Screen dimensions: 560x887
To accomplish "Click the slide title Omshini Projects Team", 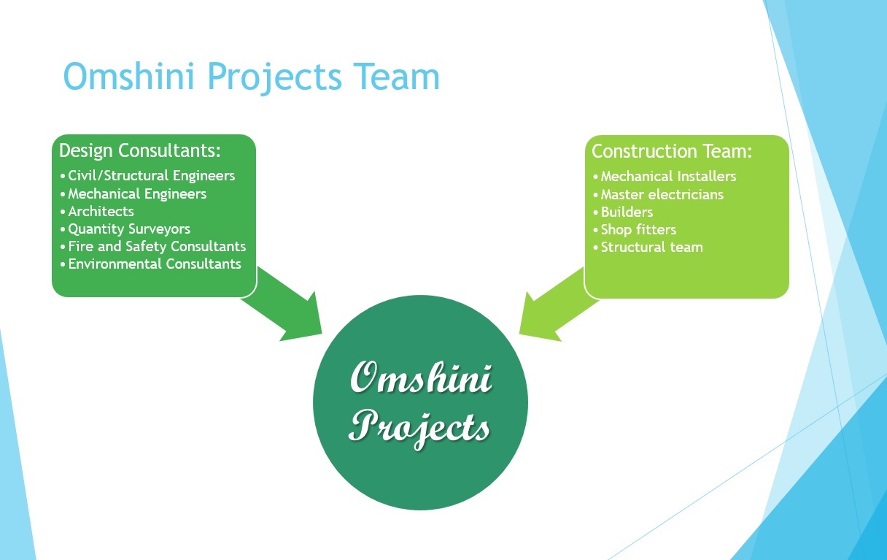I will (x=252, y=77).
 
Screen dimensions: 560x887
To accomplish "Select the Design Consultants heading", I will (x=140, y=150).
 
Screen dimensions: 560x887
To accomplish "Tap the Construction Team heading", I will (x=672, y=151).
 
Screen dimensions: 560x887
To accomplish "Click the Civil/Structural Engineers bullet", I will (x=152, y=176).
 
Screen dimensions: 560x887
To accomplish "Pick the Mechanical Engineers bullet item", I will (x=137, y=193).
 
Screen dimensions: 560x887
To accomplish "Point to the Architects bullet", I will (x=101, y=211).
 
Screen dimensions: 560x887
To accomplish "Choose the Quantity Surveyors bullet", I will (x=129, y=229).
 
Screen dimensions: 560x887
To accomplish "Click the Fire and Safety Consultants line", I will (x=157, y=246).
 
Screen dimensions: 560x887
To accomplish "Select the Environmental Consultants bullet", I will (x=155, y=264).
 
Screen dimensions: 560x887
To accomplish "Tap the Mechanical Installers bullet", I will (x=668, y=177).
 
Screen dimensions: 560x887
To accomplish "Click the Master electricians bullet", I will (x=662, y=194).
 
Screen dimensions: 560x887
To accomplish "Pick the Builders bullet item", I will (x=627, y=212).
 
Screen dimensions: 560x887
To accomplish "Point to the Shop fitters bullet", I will (x=638, y=229).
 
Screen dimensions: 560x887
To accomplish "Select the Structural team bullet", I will (x=651, y=247).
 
